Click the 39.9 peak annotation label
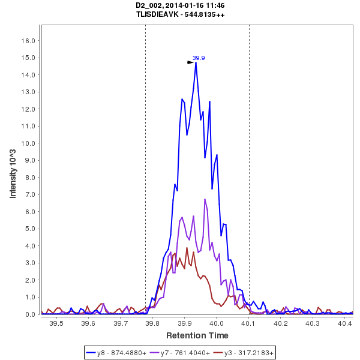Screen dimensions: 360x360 coord(199,58)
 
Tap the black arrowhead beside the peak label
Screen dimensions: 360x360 coord(190,62)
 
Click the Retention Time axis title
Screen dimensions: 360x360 coord(197,335)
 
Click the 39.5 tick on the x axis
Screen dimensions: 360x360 coord(56,323)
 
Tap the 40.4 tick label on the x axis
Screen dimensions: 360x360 coord(344,323)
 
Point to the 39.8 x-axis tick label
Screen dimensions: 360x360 coord(152,323)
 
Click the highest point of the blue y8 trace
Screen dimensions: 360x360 coord(196,62)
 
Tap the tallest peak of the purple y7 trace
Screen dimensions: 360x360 coord(205,199)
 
